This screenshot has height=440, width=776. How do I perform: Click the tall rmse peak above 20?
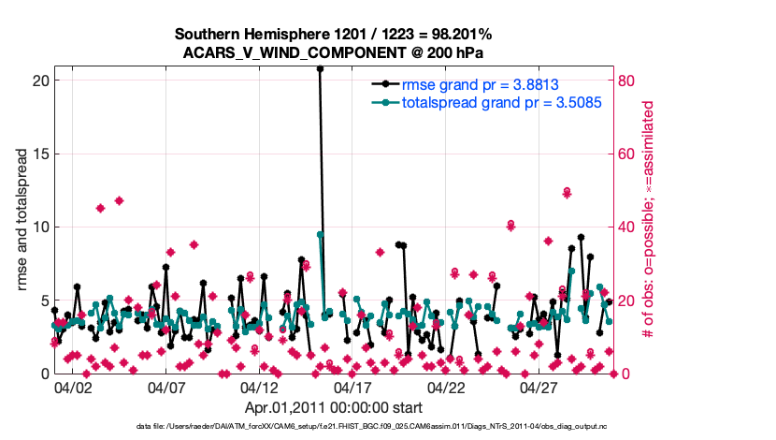click(320, 68)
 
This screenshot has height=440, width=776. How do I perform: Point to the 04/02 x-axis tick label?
click(72, 387)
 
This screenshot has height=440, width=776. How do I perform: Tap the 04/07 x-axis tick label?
click(165, 387)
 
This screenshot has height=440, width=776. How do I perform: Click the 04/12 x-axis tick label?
click(259, 387)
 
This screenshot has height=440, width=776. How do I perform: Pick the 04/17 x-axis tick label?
click(352, 387)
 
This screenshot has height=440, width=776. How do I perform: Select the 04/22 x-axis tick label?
click(446, 387)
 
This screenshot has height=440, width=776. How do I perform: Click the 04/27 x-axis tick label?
click(539, 387)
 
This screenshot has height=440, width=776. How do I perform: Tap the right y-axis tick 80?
click(627, 81)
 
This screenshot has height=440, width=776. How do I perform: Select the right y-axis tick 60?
click(627, 154)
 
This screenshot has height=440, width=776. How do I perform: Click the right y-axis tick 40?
click(627, 227)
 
